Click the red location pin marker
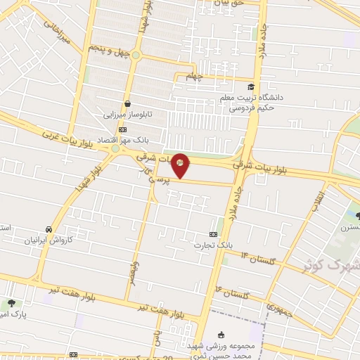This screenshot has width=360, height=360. (x=180, y=165)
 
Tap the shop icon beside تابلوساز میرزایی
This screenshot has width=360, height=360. (x=127, y=103)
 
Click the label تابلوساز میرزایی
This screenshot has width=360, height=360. (x=128, y=113)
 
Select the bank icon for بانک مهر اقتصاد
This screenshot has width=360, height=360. (x=123, y=129)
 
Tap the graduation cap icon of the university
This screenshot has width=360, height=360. (x=250, y=86)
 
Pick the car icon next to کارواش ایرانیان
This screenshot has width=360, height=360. (x=48, y=230)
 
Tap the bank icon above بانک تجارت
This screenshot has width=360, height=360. (x=214, y=234)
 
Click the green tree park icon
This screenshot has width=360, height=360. (x=13, y=304)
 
